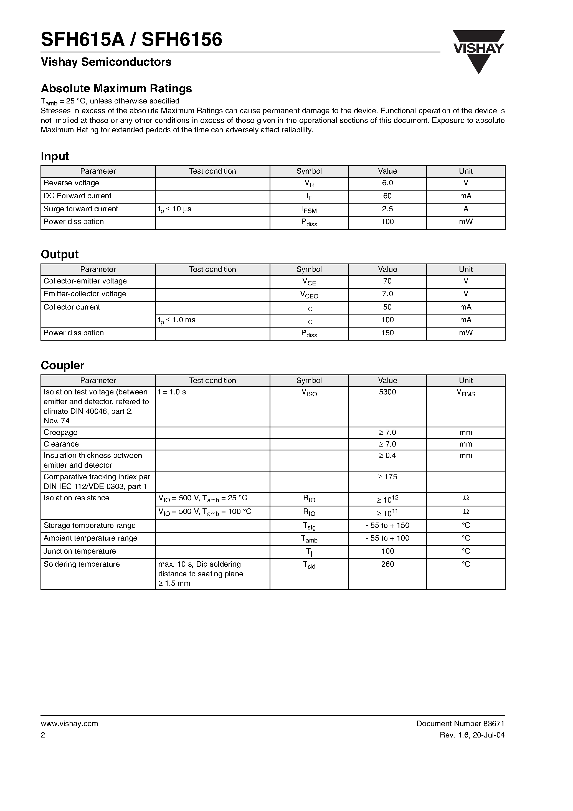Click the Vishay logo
point(479,52)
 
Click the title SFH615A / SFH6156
point(131,40)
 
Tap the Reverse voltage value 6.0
point(387,183)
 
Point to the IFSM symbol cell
point(309,209)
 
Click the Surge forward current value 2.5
point(387,209)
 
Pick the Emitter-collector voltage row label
point(85,294)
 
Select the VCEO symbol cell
point(309,295)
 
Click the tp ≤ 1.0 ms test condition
point(177,320)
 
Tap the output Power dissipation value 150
point(387,333)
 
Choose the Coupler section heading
point(62,365)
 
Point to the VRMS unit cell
point(466,393)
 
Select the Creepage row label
point(60,432)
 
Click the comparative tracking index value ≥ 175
point(387,477)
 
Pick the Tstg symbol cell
point(309,526)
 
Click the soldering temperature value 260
point(387,564)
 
